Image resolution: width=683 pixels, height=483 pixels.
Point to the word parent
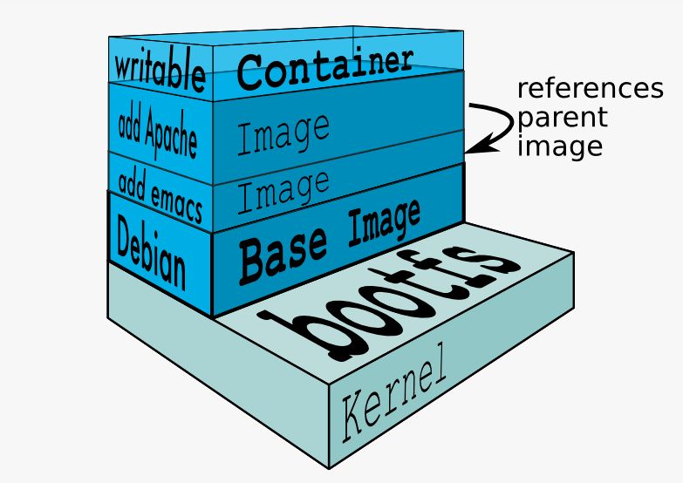coord(562,118)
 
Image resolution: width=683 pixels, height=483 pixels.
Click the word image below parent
coord(559,145)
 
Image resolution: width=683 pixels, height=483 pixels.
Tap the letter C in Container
coord(252,71)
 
